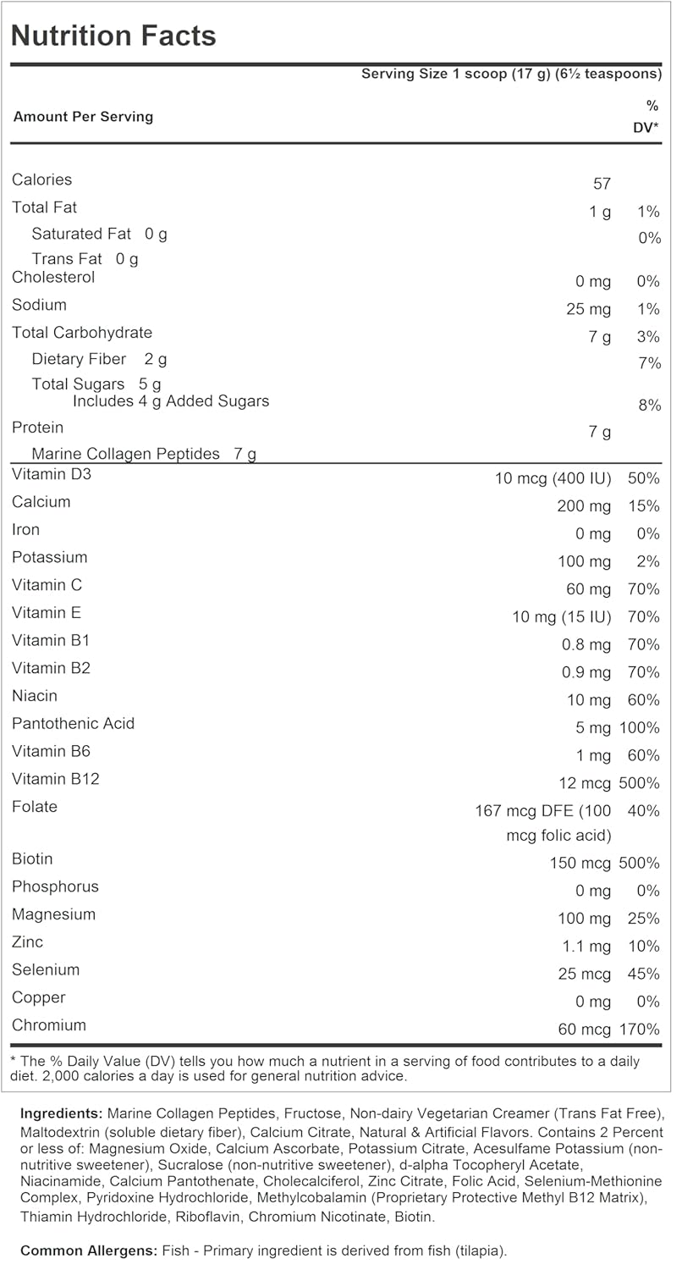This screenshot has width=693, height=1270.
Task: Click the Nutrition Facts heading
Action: [x=113, y=36]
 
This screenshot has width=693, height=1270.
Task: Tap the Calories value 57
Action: [x=602, y=184]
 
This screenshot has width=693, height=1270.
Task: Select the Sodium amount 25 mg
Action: [x=588, y=309]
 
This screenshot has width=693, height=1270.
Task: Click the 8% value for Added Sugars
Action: [x=649, y=406]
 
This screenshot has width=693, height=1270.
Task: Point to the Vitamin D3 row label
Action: [x=52, y=474]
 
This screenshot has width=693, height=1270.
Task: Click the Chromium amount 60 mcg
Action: [x=584, y=1030]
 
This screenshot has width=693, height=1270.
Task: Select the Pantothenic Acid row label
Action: [x=73, y=723]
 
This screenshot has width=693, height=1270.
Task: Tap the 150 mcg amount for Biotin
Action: [x=580, y=863]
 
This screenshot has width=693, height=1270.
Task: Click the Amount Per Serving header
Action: [x=83, y=117]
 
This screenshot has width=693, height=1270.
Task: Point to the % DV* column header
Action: [x=647, y=117]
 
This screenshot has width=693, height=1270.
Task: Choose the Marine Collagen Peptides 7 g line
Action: [x=144, y=454]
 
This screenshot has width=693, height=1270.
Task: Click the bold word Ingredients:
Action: [x=61, y=1113]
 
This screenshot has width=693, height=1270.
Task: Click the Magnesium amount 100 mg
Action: [x=584, y=919]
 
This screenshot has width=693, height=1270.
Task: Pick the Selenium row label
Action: [x=46, y=969]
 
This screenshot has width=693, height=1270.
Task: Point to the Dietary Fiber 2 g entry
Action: [x=99, y=359]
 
